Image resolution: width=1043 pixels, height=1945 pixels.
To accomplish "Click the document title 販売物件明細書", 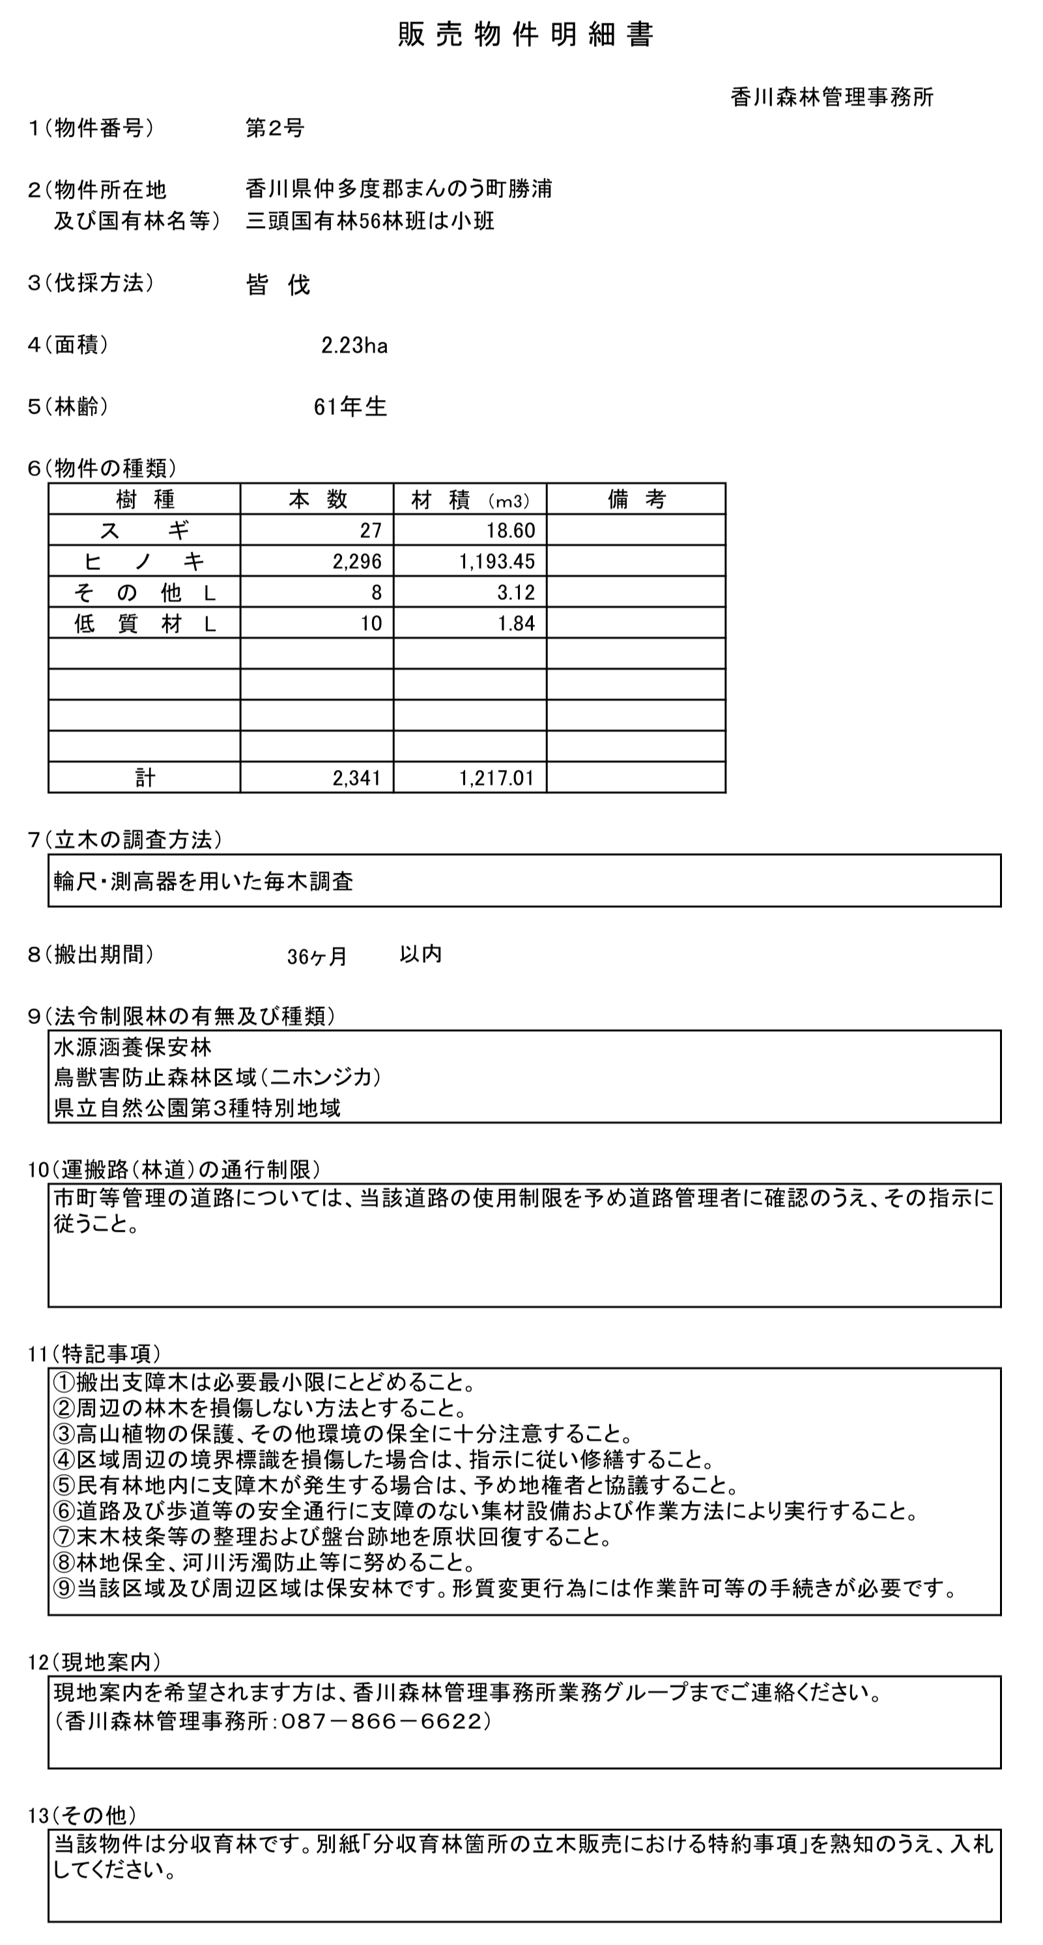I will point(525,35).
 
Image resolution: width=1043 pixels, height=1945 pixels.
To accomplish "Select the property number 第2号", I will point(275,128).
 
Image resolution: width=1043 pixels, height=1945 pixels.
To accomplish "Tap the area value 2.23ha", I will point(354,346).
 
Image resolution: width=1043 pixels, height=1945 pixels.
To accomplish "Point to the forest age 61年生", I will point(350,407).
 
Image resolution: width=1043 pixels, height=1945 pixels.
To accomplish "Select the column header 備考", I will point(636,499).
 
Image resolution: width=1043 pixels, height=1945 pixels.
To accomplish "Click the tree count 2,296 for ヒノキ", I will point(357,561).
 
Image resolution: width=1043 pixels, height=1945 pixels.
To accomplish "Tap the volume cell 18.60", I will point(511,530).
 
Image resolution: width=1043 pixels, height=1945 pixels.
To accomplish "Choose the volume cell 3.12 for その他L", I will point(516,592).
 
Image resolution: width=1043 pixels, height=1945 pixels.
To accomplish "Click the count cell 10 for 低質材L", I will point(371,623).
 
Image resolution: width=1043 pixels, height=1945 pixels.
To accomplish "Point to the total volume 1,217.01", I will point(497,778).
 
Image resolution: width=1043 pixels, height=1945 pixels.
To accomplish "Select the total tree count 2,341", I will point(357,778).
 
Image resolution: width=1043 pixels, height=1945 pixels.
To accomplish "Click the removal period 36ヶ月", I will point(317,957).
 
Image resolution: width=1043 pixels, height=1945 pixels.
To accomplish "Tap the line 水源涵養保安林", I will point(133,1047).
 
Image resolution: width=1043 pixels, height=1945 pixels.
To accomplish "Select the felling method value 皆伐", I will point(278,285).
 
